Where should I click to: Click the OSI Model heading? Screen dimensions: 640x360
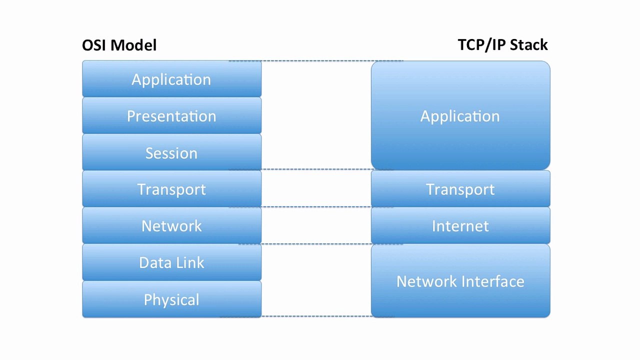tap(119, 45)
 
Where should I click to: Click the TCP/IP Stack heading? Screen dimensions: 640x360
tap(502, 45)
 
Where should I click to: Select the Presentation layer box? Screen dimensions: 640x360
tap(171, 115)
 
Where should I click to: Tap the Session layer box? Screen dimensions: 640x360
tap(171, 152)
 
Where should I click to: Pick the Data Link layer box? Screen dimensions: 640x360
tap(171, 262)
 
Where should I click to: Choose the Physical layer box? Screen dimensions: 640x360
tap(171, 299)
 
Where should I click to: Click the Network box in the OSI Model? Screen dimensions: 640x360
tap(171, 225)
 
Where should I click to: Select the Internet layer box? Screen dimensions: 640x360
tap(460, 225)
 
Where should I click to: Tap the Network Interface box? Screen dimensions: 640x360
tap(460, 281)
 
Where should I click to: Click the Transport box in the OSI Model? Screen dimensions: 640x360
tap(171, 188)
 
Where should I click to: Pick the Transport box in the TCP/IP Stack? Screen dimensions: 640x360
tap(460, 188)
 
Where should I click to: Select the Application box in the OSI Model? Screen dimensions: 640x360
tap(171, 78)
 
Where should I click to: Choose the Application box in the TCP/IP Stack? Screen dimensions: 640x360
tap(460, 115)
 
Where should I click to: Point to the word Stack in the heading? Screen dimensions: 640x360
tap(528, 45)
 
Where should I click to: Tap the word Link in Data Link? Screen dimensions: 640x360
tap(190, 262)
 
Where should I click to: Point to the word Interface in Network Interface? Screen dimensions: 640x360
tap(493, 281)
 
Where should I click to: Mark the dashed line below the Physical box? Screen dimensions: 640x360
tap(307, 316)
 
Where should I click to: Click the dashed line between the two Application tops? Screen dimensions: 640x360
tap(316, 60)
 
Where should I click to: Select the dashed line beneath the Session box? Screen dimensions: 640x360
tap(311, 169)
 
